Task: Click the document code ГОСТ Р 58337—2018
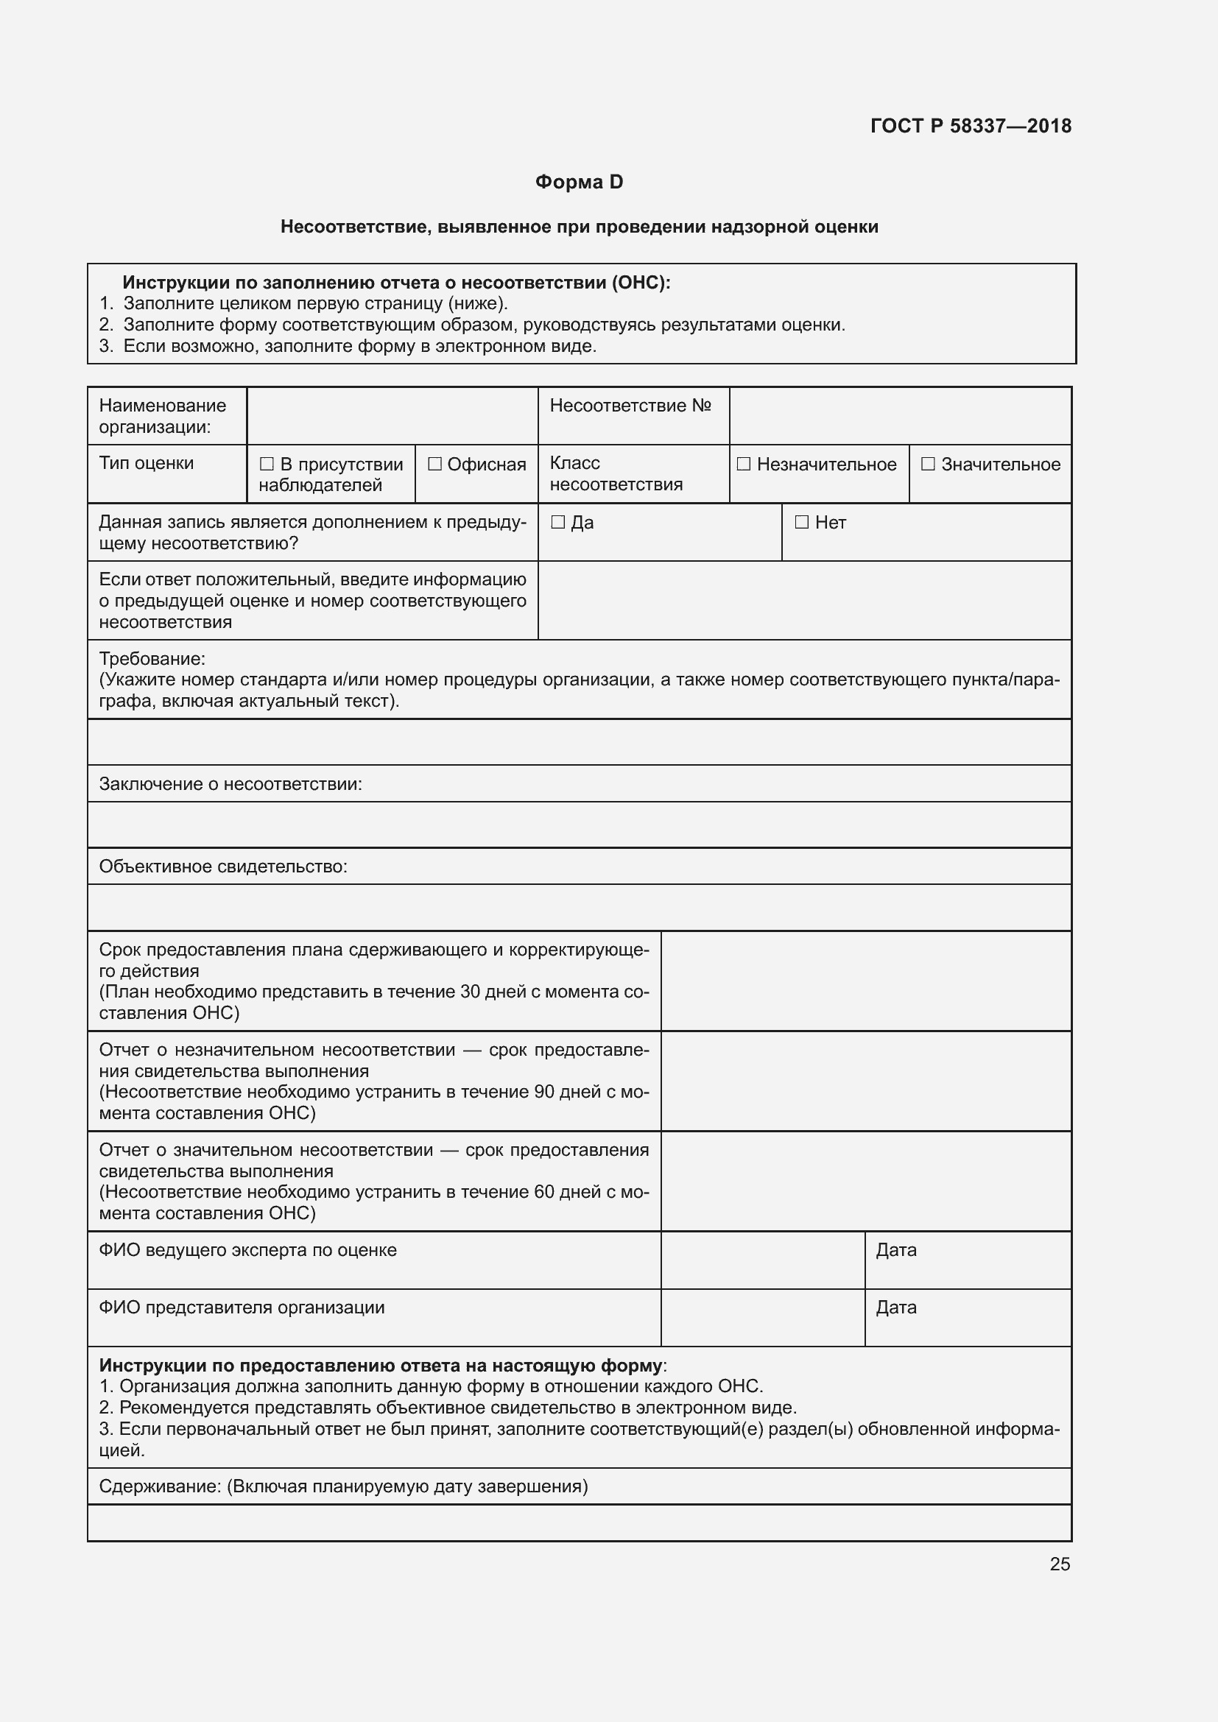pos(971,126)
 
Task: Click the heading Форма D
pos(579,183)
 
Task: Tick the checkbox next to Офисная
pos(435,465)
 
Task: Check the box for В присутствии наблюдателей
pos(267,465)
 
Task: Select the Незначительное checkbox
pos(743,465)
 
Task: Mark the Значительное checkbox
pos(928,465)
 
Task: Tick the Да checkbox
pos(557,522)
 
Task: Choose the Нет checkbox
pos(802,522)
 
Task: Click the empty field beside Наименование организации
pos(392,415)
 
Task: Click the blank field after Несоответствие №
pos(899,415)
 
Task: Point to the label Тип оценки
pos(147,464)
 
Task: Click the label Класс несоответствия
pos(616,473)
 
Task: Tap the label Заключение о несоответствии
pos(230,785)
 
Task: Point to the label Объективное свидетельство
pos(222,867)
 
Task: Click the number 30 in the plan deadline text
pos(470,992)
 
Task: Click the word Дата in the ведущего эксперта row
pos(896,1250)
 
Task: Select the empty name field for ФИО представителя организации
pos(762,1317)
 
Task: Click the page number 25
pos(1060,1564)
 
